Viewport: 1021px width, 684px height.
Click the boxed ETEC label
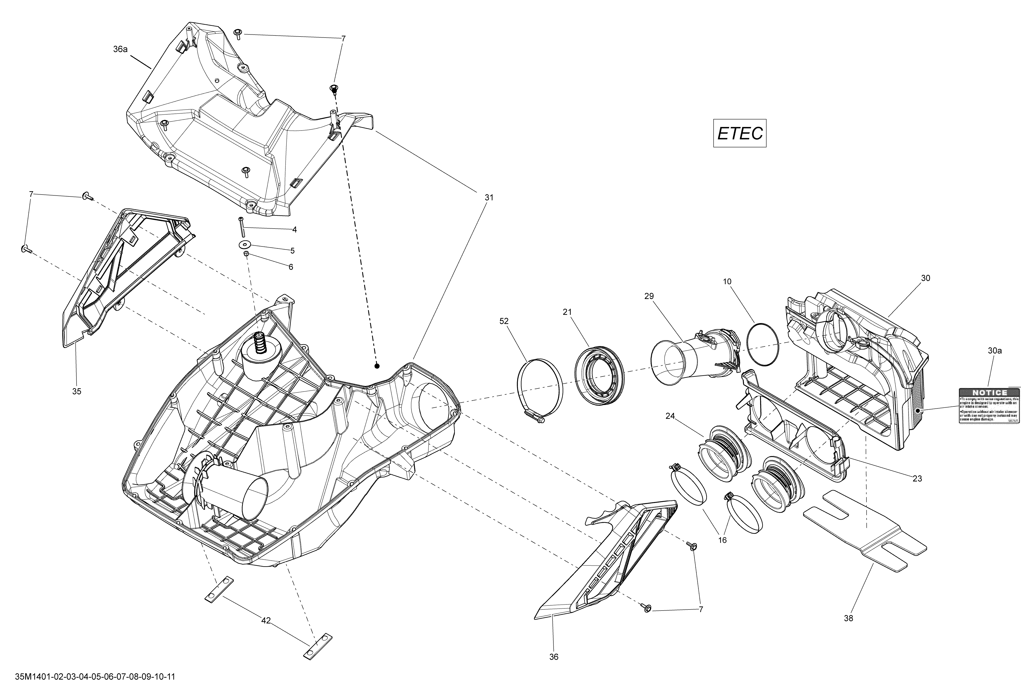click(x=740, y=133)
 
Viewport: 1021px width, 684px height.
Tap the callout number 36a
click(x=120, y=49)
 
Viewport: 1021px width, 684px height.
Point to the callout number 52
click(x=504, y=321)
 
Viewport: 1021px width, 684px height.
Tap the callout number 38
click(x=848, y=618)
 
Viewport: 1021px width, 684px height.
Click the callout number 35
click(x=77, y=391)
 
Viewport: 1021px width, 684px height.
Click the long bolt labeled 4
click(x=241, y=226)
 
